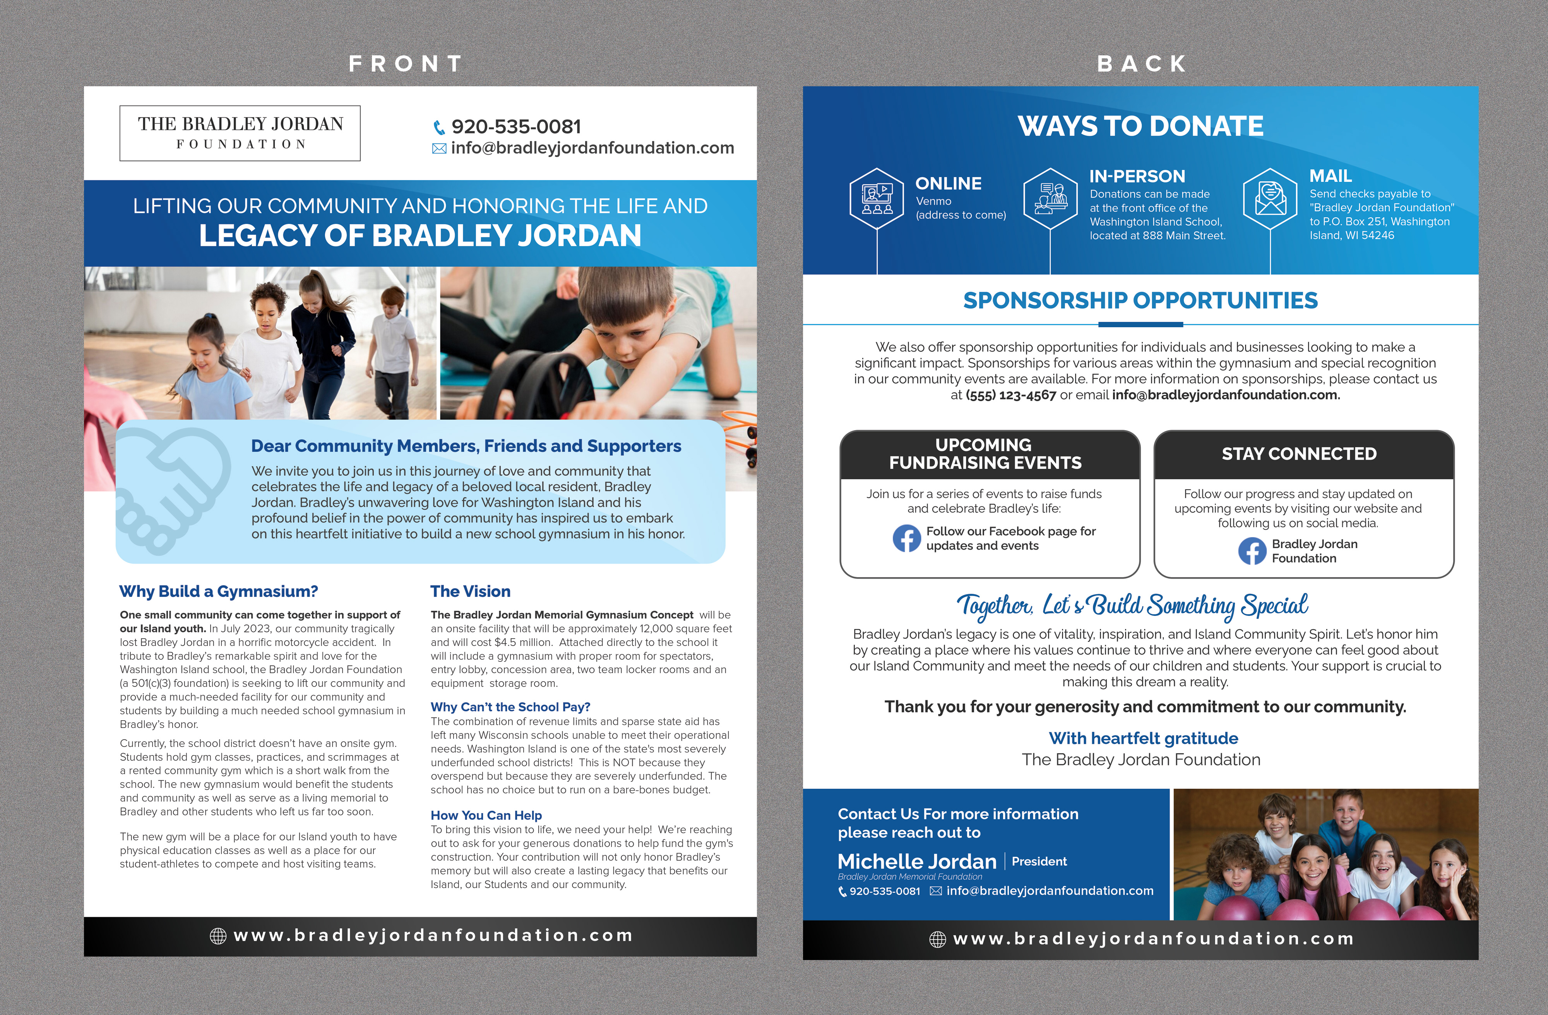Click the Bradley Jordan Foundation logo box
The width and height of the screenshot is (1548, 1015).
pyautogui.click(x=240, y=133)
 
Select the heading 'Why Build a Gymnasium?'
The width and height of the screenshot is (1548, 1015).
pyautogui.click(x=219, y=591)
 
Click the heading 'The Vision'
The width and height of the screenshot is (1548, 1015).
pyautogui.click(x=470, y=591)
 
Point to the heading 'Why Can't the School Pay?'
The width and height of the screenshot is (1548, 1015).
pyautogui.click(x=510, y=707)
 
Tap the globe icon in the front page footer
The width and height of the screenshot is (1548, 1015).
pyautogui.click(x=218, y=936)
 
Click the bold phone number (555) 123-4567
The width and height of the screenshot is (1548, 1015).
pyautogui.click(x=1011, y=395)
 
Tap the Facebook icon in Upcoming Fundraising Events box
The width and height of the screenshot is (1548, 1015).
pyautogui.click(x=907, y=538)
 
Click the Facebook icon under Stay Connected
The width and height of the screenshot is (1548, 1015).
pyautogui.click(x=1252, y=551)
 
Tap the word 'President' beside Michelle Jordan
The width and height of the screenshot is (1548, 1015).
pyautogui.click(x=1039, y=861)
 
